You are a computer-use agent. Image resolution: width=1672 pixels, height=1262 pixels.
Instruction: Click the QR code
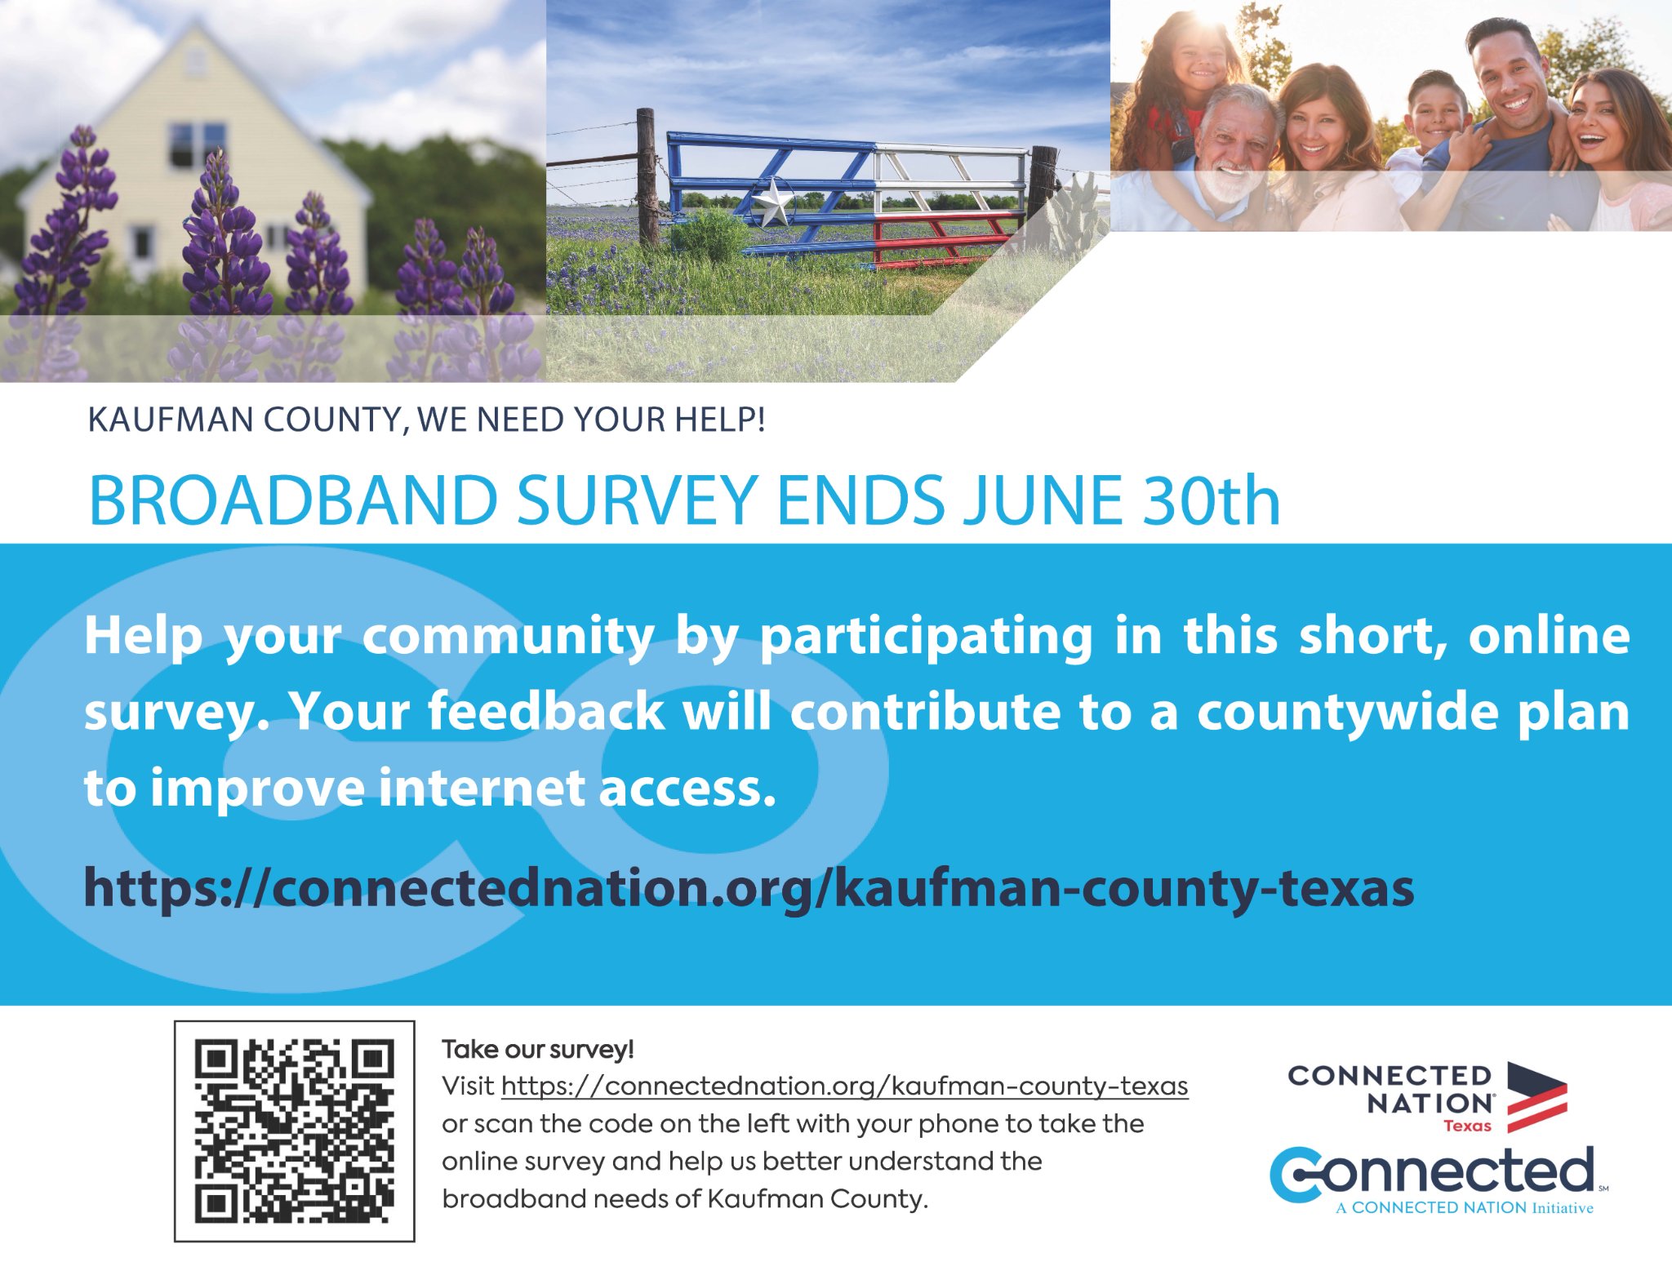pos(294,1131)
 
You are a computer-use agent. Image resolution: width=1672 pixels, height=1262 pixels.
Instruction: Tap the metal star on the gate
pos(772,202)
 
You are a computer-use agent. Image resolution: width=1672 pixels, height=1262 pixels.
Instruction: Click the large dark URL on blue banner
pos(749,888)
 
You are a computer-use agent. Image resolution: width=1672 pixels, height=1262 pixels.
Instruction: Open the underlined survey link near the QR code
pos(844,1086)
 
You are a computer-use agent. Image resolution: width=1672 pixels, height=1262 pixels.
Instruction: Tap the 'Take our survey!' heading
pos(538,1049)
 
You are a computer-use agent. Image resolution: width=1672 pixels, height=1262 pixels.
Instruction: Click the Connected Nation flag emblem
pos(1536,1096)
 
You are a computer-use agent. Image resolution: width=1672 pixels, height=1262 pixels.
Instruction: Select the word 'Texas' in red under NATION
pos(1467,1126)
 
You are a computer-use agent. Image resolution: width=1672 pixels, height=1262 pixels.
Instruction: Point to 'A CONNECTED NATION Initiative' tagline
pos(1465,1208)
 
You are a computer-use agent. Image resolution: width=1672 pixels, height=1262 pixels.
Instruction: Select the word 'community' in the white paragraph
pos(508,636)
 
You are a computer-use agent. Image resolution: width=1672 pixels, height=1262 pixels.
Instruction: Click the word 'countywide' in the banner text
pos(1348,713)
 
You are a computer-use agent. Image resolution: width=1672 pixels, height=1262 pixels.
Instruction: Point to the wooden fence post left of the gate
pos(647,178)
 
